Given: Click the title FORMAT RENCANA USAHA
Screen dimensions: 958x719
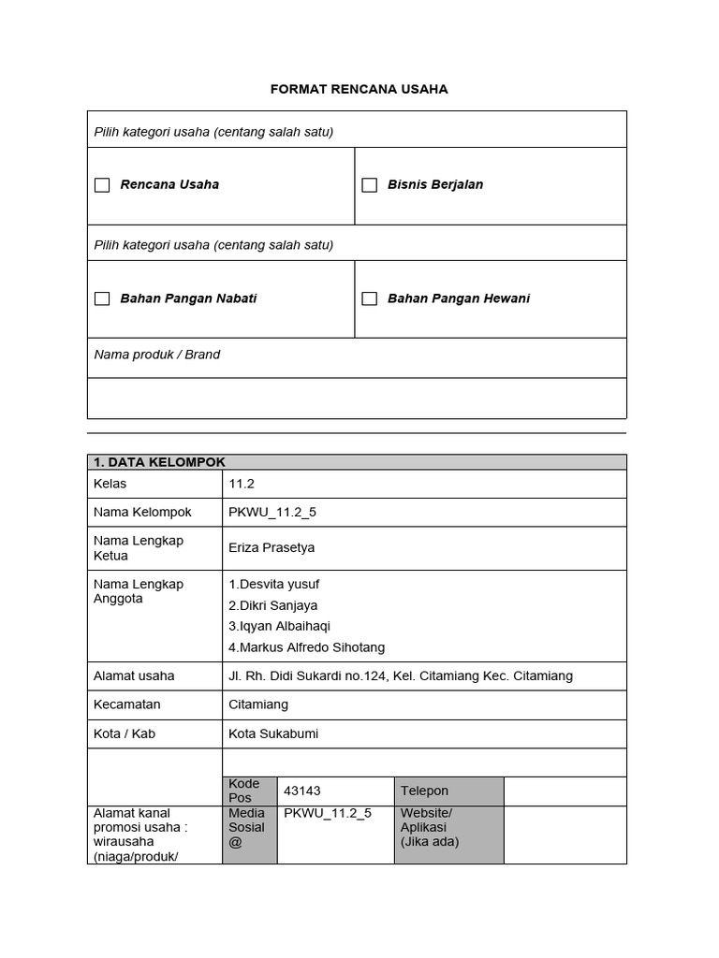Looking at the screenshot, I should point(359,89).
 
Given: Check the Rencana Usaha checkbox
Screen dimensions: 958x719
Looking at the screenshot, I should point(102,185).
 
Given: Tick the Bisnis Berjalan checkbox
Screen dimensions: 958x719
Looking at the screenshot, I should point(370,185).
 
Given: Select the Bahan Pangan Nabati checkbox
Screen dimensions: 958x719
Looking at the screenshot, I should point(102,298).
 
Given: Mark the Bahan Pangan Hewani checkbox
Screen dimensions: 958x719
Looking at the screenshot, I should point(370,298).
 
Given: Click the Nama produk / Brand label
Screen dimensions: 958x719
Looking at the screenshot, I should point(157,355).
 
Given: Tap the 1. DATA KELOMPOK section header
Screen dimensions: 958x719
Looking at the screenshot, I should point(159,462).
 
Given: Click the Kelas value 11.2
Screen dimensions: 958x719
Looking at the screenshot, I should point(242,484).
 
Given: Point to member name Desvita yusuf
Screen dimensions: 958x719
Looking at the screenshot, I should point(273,584).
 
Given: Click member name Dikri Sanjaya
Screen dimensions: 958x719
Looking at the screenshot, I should point(272,605).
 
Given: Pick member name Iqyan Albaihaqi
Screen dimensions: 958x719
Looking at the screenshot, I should point(279,626).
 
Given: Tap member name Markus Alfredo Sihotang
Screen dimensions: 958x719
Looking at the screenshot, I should point(306,647).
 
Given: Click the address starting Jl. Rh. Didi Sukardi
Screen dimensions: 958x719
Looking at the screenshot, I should point(400,675).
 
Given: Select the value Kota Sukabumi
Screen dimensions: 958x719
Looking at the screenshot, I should point(273,733).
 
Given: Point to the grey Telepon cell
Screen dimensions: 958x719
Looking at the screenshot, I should point(448,791).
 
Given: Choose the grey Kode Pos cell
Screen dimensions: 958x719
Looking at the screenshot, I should point(249,791).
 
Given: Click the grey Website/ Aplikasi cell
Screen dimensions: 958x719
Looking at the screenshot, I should point(448,834).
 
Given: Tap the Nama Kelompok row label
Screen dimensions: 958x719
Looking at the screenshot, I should point(142,512).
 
